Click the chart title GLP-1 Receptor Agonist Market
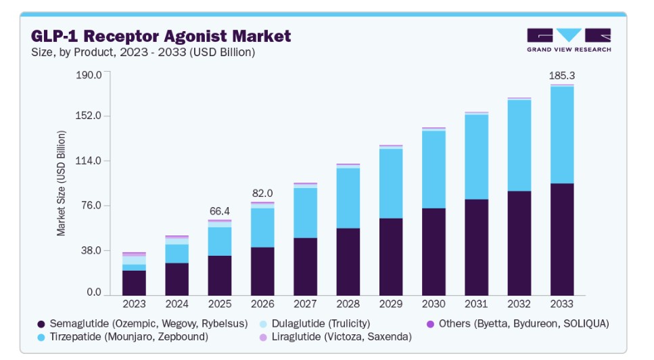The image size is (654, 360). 161,36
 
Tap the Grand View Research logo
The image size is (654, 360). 569,40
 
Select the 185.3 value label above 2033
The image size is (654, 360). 562,76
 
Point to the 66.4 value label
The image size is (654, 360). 219,211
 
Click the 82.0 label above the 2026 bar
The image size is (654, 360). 262,193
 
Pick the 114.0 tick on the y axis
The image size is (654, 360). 89,160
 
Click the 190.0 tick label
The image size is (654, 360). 89,74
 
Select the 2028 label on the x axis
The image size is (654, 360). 348,304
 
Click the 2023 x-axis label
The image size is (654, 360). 134,304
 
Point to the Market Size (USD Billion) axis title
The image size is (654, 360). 61,183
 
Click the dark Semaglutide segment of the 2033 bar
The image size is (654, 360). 562,240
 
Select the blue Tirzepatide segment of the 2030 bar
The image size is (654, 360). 434,170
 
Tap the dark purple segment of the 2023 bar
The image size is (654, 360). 134,283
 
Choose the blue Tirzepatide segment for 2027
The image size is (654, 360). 305,213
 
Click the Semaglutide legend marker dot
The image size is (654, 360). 41,324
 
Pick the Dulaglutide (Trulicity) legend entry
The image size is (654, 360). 315,323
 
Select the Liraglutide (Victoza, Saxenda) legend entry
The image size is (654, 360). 335,337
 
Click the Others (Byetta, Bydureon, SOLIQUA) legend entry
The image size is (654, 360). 517,323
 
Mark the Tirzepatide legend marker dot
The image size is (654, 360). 41,338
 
